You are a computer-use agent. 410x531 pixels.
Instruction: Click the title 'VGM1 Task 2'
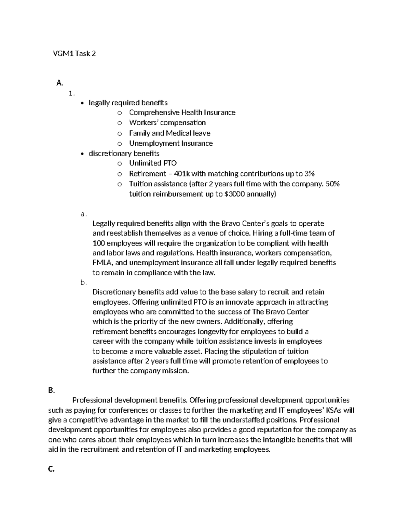(74, 53)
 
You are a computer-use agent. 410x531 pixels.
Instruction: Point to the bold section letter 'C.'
(52, 470)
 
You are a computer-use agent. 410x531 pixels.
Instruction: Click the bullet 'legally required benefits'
(128, 103)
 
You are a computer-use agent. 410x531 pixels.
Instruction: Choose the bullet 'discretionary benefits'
(124, 154)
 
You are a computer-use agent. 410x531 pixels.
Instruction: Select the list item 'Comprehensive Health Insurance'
(182, 112)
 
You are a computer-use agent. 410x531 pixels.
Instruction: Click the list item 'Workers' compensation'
(167, 122)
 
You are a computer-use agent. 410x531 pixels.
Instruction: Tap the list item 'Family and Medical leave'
(169, 133)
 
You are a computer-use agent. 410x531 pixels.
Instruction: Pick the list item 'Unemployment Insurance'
(171, 143)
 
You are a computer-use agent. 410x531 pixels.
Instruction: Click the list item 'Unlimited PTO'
(153, 163)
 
